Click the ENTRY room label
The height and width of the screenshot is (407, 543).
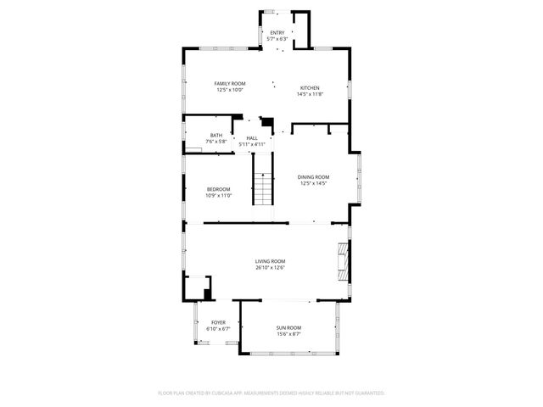277,33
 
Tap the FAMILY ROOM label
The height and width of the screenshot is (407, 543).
229,83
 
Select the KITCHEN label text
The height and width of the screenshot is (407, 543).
311,88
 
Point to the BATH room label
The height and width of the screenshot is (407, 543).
216,136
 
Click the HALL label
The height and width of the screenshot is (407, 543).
252,138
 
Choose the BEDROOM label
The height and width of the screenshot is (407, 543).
218,189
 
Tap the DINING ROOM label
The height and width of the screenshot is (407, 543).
313,176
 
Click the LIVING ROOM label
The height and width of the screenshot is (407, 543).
271,261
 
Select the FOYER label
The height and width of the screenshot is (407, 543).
218,322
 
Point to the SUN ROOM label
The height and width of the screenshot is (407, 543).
288,327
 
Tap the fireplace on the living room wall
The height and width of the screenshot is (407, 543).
344,262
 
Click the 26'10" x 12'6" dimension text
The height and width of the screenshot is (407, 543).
271,268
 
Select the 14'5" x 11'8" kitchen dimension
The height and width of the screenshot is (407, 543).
311,94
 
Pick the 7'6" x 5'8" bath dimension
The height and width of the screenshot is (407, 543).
216,142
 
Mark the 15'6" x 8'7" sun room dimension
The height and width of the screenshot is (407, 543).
288,334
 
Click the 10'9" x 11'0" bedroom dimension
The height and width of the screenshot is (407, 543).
218,196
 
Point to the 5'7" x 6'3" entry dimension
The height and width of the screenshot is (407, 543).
277,39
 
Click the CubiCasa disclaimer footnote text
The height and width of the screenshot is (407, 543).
271,393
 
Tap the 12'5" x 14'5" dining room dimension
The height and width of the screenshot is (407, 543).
313,183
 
